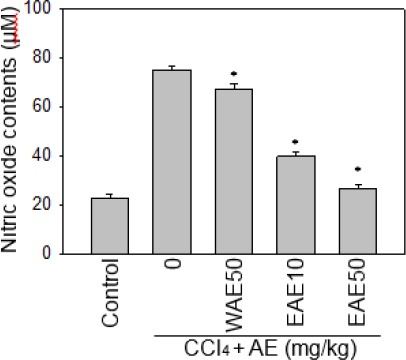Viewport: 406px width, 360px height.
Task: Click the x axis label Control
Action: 111,291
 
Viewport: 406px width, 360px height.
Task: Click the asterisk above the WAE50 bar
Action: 233,75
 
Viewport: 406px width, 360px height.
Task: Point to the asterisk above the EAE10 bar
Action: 295,142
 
